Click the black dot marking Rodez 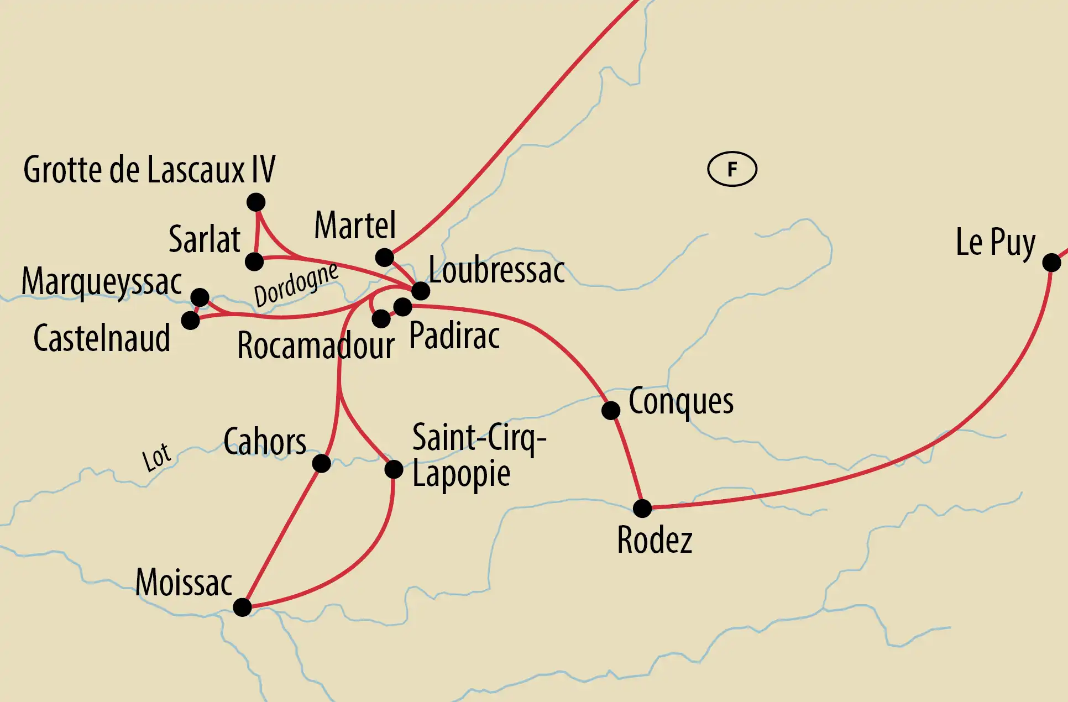pos(642,508)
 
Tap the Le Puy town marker pos(1051,262)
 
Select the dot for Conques pos(611,410)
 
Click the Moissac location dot pos(242,607)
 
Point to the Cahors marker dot pos(321,463)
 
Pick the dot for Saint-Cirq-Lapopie pos(394,469)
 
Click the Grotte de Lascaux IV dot pos(256,202)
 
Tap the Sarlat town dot pos(254,261)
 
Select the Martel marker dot pos(384,257)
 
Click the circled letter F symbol pos(732,169)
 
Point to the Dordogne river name pos(296,284)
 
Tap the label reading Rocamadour pos(316,346)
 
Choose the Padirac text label pos(454,336)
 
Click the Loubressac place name pos(496,270)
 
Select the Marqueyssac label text pos(102,282)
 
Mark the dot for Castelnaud pos(190,320)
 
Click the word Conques pos(681,402)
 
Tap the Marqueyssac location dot pos(200,297)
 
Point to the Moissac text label pos(184,583)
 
